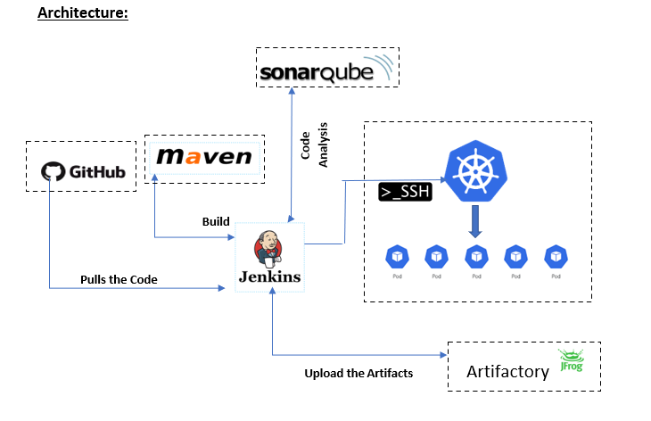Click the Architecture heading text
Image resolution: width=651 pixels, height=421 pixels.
pyautogui.click(x=83, y=14)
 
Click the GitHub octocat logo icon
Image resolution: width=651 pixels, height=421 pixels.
pyautogui.click(x=54, y=169)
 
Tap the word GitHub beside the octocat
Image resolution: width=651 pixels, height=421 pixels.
pyautogui.click(x=98, y=169)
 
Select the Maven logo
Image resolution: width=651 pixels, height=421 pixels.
pyautogui.click(x=204, y=159)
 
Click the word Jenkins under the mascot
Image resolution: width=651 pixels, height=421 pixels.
pyautogui.click(x=268, y=277)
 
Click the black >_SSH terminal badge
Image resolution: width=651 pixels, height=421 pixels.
pyautogui.click(x=405, y=192)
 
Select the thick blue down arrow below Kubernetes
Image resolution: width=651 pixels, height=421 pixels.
pyautogui.click(x=475, y=221)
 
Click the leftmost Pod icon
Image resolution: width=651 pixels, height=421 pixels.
pyautogui.click(x=397, y=257)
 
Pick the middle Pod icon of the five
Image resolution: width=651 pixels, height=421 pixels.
pyautogui.click(x=476, y=257)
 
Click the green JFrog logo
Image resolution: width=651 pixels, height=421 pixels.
pyautogui.click(x=570, y=359)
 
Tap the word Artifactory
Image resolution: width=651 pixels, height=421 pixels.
pyautogui.click(x=507, y=371)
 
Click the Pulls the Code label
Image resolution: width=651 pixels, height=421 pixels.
pyautogui.click(x=119, y=279)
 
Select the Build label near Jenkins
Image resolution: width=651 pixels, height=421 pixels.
pyautogui.click(x=216, y=221)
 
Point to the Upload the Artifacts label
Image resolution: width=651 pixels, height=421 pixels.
pyautogui.click(x=358, y=373)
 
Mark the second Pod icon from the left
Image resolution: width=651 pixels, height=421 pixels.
pyautogui.click(x=436, y=257)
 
